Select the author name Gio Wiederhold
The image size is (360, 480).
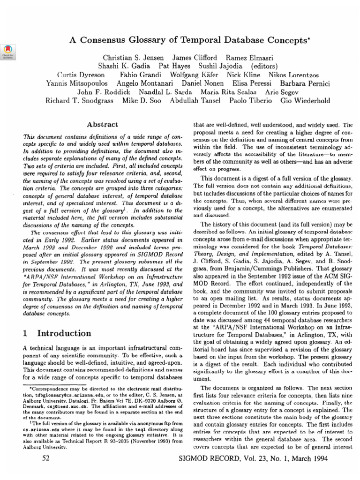305,101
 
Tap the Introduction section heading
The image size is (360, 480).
64,334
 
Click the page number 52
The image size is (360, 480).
46,459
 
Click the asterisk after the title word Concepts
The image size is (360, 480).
306,38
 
